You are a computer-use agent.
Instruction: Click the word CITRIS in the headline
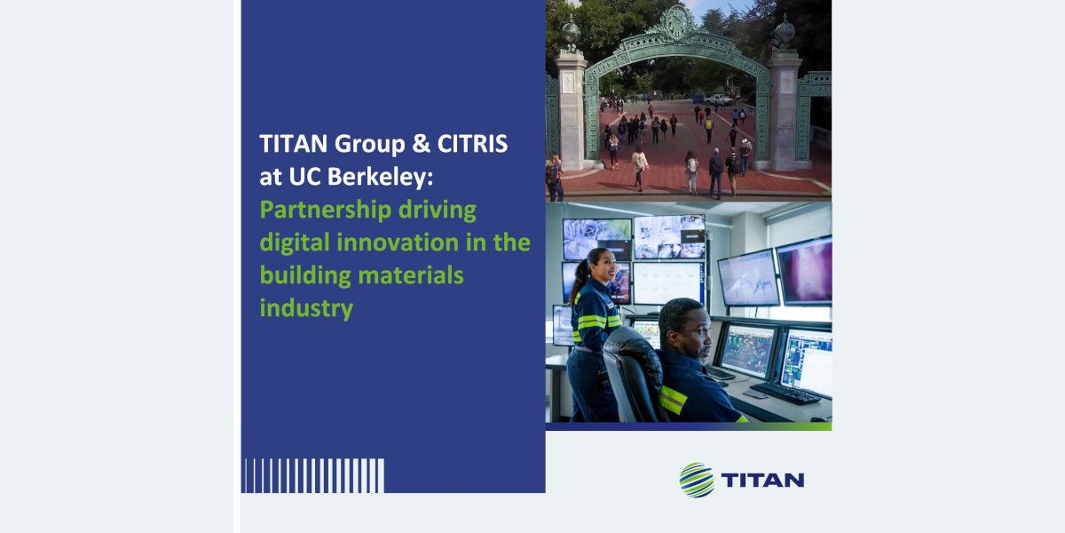[x=472, y=144]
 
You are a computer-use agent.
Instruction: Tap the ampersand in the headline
[x=421, y=144]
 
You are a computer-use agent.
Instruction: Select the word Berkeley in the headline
[x=380, y=177]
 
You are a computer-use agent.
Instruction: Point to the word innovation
[x=397, y=243]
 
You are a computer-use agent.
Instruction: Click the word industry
[x=306, y=309]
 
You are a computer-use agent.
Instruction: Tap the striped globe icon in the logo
[x=697, y=480]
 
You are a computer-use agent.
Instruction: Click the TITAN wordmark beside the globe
[x=762, y=481]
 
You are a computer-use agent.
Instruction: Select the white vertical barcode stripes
[x=312, y=475]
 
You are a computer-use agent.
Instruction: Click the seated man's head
[x=684, y=329]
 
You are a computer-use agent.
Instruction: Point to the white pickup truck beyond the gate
[x=718, y=99]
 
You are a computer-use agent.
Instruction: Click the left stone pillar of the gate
[x=572, y=112]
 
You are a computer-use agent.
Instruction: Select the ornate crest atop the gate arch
[x=675, y=22]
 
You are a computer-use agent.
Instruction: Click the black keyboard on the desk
[x=785, y=394]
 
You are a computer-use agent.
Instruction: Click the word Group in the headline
[x=370, y=145]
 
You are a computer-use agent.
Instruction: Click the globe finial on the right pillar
[x=785, y=32]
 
